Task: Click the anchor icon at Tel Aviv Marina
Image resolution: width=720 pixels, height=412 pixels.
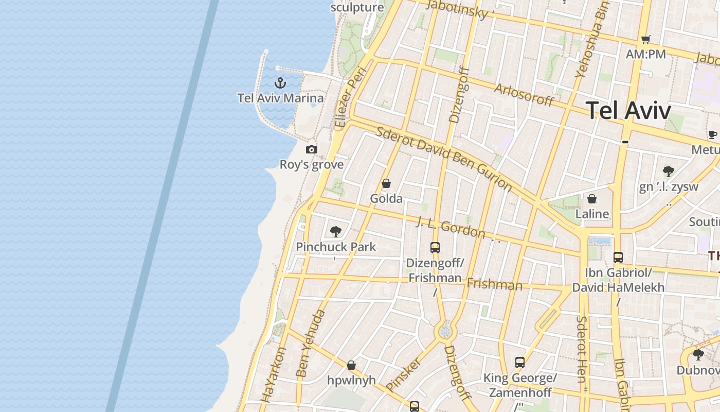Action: pyautogui.click(x=280, y=82)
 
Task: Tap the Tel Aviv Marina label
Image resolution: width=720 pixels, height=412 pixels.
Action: pyautogui.click(x=281, y=98)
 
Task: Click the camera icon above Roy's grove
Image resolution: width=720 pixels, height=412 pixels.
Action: pyautogui.click(x=311, y=150)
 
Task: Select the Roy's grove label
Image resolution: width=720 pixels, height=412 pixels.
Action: pyautogui.click(x=311, y=165)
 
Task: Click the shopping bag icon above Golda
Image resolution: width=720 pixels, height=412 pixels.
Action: pyautogui.click(x=386, y=183)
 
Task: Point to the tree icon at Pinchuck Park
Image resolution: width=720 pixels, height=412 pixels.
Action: pyautogui.click(x=336, y=232)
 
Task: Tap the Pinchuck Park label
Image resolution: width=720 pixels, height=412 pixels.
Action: pyautogui.click(x=336, y=247)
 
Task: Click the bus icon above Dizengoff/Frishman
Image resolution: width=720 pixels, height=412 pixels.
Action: pyautogui.click(x=435, y=248)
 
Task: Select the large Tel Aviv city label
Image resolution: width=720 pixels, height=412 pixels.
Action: pyautogui.click(x=628, y=111)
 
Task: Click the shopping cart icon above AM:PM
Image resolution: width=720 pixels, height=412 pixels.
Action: pyautogui.click(x=646, y=39)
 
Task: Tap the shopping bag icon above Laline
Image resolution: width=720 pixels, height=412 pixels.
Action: pyautogui.click(x=592, y=199)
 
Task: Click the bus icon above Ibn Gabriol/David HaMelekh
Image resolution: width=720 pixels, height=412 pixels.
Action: pyautogui.click(x=618, y=257)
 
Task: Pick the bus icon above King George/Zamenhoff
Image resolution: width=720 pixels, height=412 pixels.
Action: pyautogui.click(x=520, y=363)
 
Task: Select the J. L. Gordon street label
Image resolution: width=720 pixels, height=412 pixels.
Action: pyautogui.click(x=450, y=228)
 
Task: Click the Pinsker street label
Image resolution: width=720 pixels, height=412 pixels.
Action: pyautogui.click(x=403, y=374)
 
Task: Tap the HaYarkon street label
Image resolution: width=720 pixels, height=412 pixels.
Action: pyautogui.click(x=274, y=374)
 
